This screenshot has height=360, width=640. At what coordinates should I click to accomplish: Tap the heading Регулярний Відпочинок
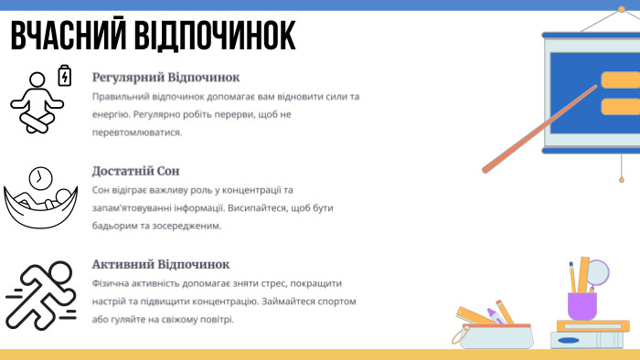click(165, 78)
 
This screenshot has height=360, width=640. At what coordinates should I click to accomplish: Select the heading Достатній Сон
click(136, 171)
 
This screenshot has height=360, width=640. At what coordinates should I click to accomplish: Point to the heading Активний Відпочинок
click(161, 264)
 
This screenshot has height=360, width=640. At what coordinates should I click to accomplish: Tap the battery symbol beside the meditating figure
click(65, 75)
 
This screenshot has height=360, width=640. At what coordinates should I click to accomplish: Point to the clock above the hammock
click(40, 176)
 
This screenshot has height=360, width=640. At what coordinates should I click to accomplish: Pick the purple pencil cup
click(581, 304)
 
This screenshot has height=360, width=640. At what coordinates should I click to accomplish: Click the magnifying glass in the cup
click(597, 271)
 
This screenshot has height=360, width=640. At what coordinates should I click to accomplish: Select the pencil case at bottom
click(492, 333)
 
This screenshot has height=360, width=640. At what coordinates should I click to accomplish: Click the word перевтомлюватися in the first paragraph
click(137, 132)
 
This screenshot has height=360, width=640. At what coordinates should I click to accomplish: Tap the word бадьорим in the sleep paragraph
click(116, 225)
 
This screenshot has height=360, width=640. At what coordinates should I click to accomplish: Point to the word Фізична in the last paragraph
click(112, 282)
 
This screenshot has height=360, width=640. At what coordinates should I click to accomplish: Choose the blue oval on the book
click(568, 341)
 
